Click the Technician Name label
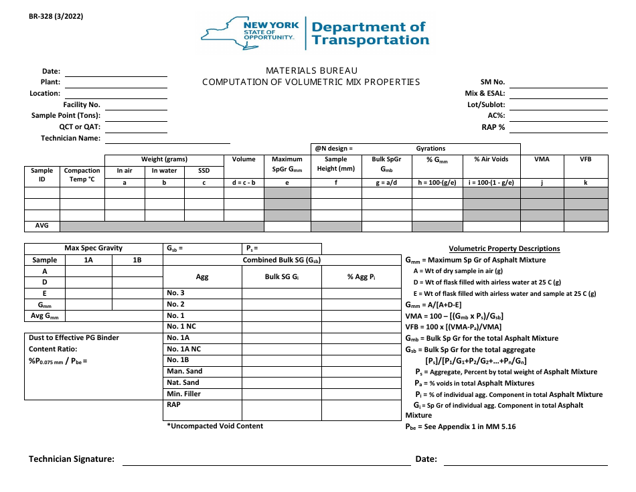[70, 139]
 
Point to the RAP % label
[493, 127]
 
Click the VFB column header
[586, 159]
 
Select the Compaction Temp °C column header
[82, 175]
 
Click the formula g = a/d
[386, 182]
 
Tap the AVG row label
[42, 226]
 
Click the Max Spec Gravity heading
[93, 248]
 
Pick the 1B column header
[137, 260]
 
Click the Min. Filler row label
[183, 394]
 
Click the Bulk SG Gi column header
[281, 276]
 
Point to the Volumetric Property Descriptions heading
[504, 249]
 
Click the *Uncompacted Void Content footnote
[215, 426]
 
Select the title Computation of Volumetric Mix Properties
[311, 82]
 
